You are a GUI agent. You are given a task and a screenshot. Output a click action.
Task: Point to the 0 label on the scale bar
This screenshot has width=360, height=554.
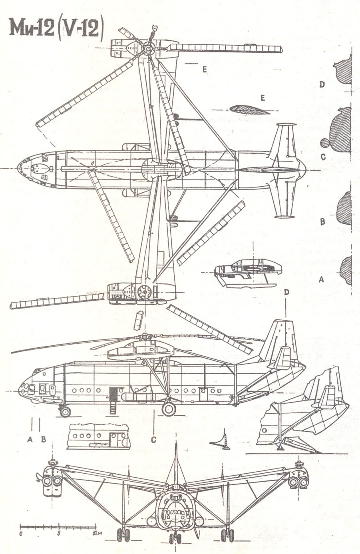click(x=21, y=533)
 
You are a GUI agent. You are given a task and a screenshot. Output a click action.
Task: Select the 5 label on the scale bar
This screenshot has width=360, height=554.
click(x=58, y=533)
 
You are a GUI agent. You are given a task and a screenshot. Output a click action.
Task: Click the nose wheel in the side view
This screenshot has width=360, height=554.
click(x=65, y=411)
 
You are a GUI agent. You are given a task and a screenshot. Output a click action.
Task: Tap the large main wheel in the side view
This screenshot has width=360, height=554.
click(x=169, y=409)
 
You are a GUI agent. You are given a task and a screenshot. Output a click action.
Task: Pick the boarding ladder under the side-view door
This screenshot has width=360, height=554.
click(x=113, y=407)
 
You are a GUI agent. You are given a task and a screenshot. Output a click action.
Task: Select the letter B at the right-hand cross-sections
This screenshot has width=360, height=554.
click(x=322, y=222)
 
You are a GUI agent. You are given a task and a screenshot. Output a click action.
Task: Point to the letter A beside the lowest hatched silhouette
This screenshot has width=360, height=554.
click(x=320, y=280)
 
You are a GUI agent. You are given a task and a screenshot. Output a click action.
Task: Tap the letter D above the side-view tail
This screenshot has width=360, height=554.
click(x=286, y=292)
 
